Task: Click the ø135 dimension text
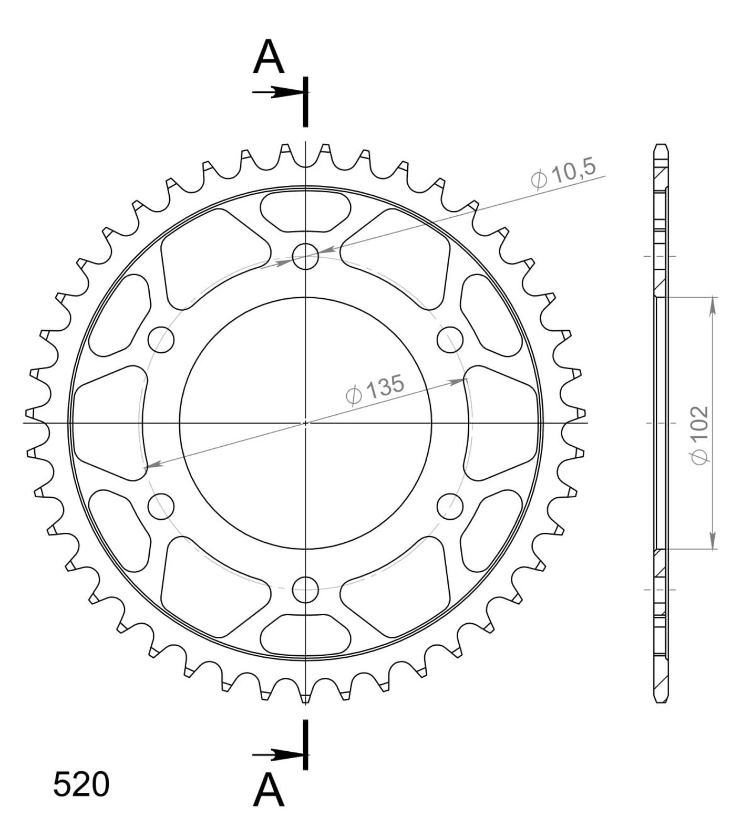375,390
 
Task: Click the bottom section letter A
269,791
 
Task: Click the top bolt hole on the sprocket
306,256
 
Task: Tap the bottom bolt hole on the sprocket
306,589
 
